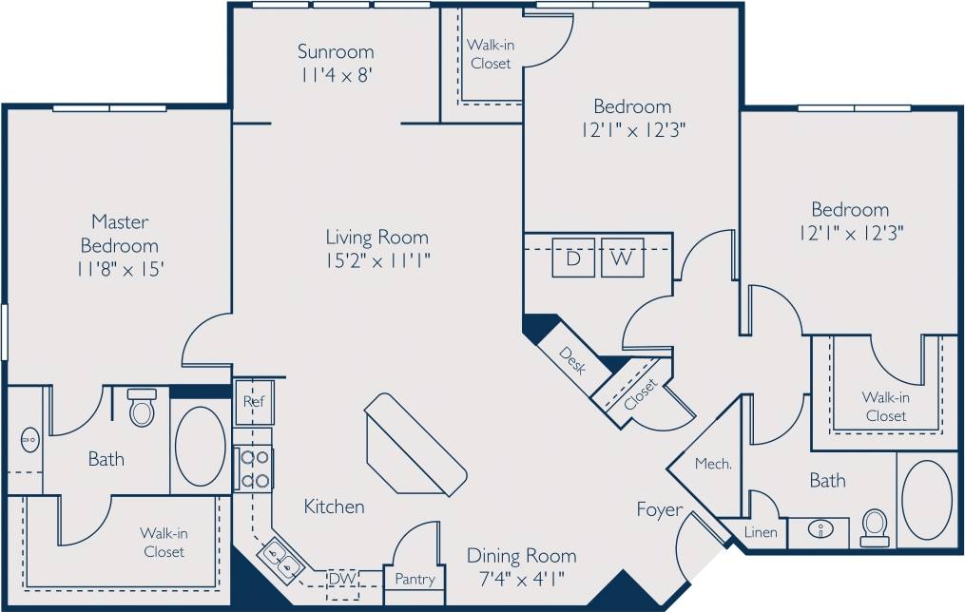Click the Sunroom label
[336, 51]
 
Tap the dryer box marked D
[572, 258]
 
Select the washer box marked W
[622, 258]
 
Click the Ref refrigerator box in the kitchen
[253, 401]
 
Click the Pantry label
[415, 579]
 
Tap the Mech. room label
[713, 464]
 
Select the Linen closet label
[761, 532]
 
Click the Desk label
[571, 361]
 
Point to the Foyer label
[660, 510]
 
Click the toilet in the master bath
[142, 408]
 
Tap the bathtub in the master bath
[201, 447]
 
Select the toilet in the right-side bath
[874, 527]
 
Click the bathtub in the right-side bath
[926, 500]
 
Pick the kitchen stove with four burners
[254, 469]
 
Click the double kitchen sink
[283, 556]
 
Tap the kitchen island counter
[415, 444]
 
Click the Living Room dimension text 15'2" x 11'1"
[377, 261]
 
